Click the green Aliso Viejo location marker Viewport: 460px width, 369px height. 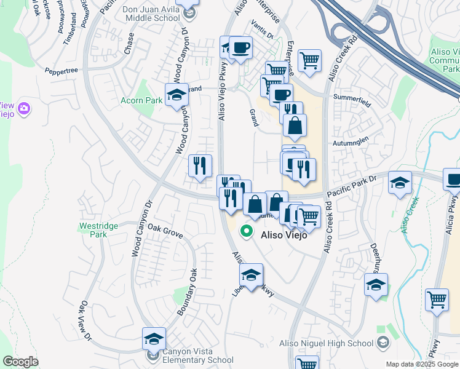coord(246,232)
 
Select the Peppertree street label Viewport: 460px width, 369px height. coord(61,71)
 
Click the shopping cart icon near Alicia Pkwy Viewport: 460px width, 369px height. coord(437,301)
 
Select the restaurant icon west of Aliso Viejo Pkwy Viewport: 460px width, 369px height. coord(200,165)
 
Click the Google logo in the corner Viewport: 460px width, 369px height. coord(20,362)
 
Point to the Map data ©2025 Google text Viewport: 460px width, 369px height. coord(422,364)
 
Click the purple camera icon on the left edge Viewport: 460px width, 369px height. coord(25,109)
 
